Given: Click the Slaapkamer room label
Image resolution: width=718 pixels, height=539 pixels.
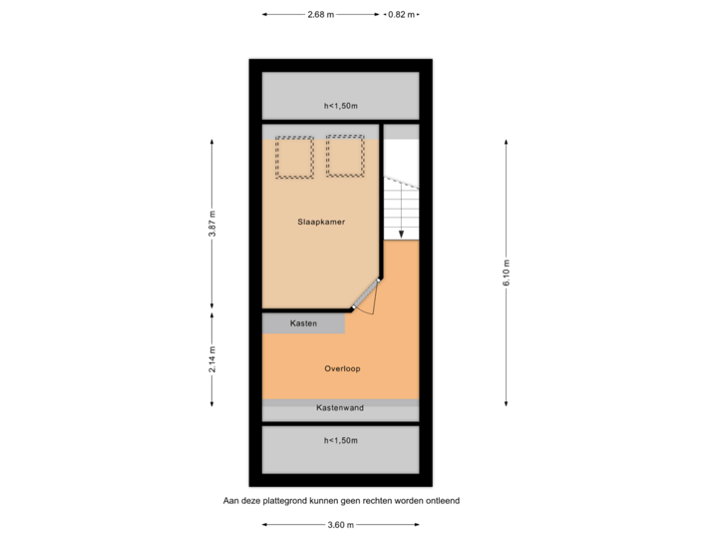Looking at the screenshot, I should pyautogui.click(x=321, y=222).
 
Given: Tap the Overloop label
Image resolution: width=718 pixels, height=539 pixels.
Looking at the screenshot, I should pyautogui.click(x=341, y=368).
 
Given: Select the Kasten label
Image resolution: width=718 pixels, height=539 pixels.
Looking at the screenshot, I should pyautogui.click(x=303, y=323).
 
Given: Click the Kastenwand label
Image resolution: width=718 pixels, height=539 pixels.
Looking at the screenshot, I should pyautogui.click(x=340, y=408).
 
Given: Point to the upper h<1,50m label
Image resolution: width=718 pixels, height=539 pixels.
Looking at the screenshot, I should pyautogui.click(x=340, y=106).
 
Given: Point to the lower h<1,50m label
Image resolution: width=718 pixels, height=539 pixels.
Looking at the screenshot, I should pyautogui.click(x=340, y=440).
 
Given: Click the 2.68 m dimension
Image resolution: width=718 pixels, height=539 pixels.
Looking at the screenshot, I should pyautogui.click(x=321, y=15).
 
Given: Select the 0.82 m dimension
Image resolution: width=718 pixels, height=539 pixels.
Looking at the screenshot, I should pyautogui.click(x=401, y=15).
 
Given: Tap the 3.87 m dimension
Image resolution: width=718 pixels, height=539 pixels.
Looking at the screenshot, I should pyautogui.click(x=211, y=224).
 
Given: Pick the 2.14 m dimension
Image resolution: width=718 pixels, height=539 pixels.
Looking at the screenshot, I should pyautogui.click(x=211, y=359).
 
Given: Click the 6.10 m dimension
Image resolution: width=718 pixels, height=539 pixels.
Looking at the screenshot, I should pyautogui.click(x=506, y=270).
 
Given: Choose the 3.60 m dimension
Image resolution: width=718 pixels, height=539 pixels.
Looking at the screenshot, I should pyautogui.click(x=340, y=524).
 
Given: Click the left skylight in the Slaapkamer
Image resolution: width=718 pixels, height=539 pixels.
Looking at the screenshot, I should pyautogui.click(x=294, y=157).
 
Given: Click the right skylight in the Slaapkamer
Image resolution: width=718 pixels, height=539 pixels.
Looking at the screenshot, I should pyautogui.click(x=345, y=157).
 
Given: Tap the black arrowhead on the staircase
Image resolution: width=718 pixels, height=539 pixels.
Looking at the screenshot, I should pyautogui.click(x=401, y=235).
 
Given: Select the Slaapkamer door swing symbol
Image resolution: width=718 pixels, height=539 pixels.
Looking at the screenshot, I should pyautogui.click(x=367, y=298).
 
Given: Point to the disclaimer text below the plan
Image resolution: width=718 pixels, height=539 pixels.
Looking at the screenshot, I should pyautogui.click(x=340, y=501).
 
